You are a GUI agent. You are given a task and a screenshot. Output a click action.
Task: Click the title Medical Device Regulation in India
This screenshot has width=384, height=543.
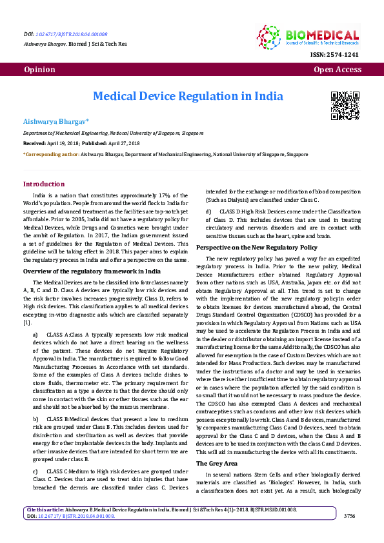tap(188, 96)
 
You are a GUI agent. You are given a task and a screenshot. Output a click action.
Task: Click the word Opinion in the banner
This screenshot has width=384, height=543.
tap(39, 69)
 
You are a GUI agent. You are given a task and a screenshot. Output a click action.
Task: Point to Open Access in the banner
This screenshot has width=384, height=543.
tap(338, 69)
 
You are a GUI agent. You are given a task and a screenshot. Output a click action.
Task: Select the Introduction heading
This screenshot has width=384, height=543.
tap(44, 184)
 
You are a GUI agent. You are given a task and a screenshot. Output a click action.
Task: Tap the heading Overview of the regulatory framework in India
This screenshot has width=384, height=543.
tap(92, 271)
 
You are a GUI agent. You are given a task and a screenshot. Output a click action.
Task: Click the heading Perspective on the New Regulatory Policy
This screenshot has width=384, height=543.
tap(257, 247)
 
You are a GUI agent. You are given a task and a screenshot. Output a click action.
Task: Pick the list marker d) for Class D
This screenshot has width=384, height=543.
tap(208, 210)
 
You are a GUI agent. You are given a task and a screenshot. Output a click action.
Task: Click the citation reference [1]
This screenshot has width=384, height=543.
tap(27, 322)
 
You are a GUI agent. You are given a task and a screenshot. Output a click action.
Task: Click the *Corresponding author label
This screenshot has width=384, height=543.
tap(51, 155)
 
